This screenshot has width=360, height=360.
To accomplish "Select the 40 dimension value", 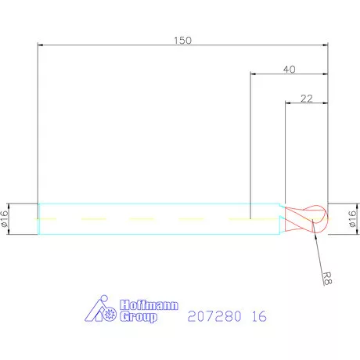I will [x=289, y=69].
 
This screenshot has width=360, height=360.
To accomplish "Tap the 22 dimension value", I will [x=306, y=99].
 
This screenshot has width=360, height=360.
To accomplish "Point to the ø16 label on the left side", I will [x=6, y=219].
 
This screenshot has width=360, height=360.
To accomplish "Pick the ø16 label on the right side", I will [x=351, y=219].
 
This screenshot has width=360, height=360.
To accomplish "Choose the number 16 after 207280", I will [x=258, y=317].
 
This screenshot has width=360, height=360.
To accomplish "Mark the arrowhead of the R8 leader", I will [x=315, y=225].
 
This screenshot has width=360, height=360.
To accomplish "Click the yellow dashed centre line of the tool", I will [x=157, y=219].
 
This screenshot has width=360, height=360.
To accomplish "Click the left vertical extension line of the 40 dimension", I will [x=250, y=141].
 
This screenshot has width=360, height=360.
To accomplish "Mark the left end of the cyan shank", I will [x=38, y=219].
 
